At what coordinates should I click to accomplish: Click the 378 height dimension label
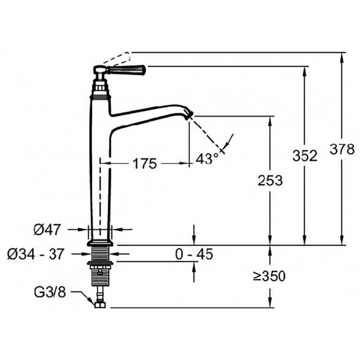coord(342,149)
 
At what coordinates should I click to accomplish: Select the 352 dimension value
coord(305,156)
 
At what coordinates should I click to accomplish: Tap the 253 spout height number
coord(270,180)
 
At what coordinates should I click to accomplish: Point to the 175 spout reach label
coord(144,163)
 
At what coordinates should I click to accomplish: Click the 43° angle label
coord(207,158)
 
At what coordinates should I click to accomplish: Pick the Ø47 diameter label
coord(47,229)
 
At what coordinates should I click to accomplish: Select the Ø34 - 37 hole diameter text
coord(35,254)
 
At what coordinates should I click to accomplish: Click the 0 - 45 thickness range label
coord(194,254)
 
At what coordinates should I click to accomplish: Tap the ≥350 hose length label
coord(269,276)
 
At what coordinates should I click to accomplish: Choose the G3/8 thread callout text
coord(50,292)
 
